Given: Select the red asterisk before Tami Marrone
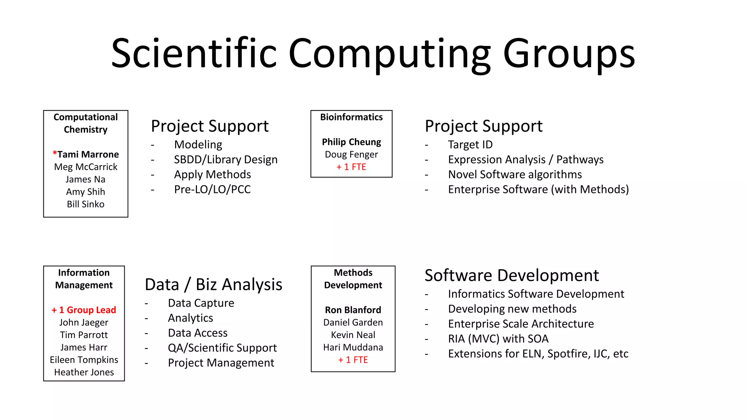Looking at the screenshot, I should (55, 153).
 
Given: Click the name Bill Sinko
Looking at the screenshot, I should (86, 204).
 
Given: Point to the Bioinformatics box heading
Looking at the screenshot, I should (351, 117).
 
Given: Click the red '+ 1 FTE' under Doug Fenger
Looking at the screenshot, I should (351, 167).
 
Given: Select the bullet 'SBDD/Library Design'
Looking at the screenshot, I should (225, 160).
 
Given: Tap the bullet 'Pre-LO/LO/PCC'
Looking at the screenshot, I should (212, 190).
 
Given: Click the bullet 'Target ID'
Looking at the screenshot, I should (470, 145).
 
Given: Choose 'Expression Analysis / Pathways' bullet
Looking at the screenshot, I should (526, 160).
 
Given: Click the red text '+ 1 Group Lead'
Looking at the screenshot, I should (84, 310).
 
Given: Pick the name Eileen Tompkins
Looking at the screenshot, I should (84, 360).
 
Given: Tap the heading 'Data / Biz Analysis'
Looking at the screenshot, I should (213, 284).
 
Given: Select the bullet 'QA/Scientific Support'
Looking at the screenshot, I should (222, 348).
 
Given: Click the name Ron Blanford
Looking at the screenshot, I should (353, 310).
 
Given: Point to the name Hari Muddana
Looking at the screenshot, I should (353, 347).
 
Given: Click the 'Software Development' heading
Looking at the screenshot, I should (511, 275).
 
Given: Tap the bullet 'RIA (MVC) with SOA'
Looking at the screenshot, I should (498, 339).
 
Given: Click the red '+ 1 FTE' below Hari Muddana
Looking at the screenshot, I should (353, 360).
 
